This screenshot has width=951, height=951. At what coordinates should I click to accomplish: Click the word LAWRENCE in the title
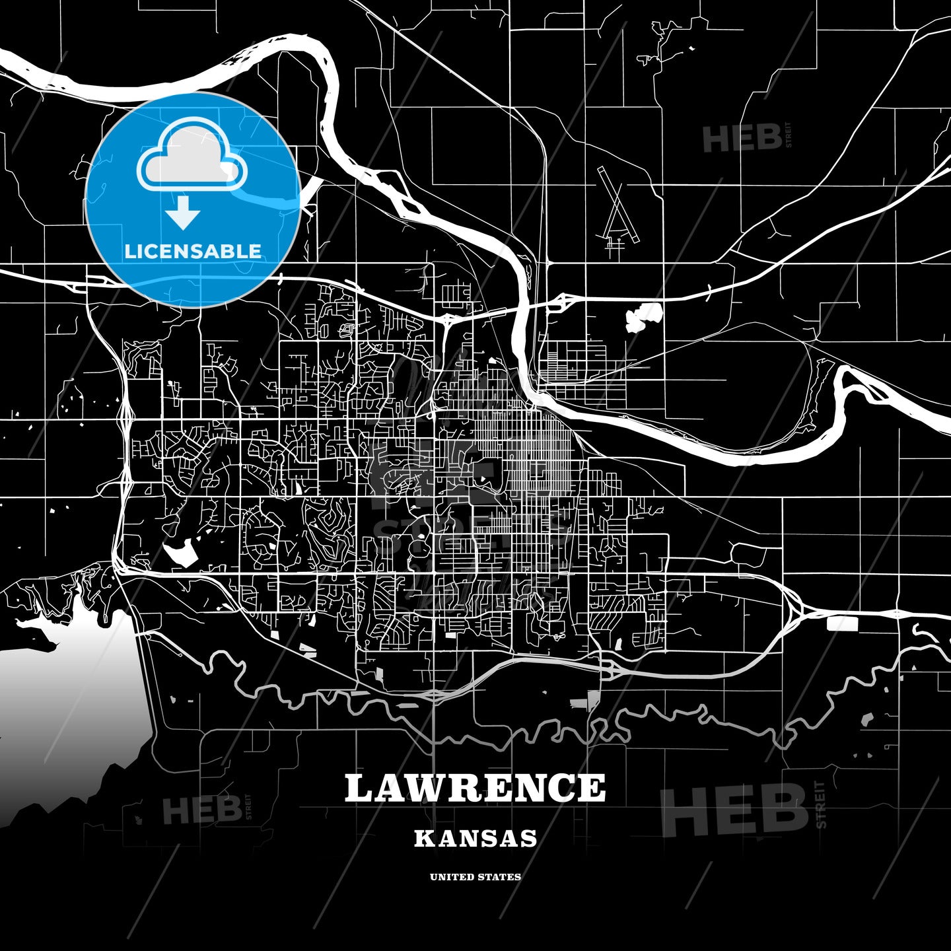(x=475, y=788)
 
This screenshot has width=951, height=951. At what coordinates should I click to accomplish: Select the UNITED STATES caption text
(x=475, y=877)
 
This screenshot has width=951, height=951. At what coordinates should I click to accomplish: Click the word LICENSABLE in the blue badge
(x=193, y=251)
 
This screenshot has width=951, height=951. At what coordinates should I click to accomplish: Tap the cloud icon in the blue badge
(x=192, y=155)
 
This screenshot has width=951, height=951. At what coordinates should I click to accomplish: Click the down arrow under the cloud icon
(x=183, y=214)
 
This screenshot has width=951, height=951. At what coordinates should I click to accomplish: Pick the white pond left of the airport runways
(x=643, y=317)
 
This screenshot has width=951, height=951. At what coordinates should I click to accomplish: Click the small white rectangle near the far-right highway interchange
(x=841, y=623)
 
